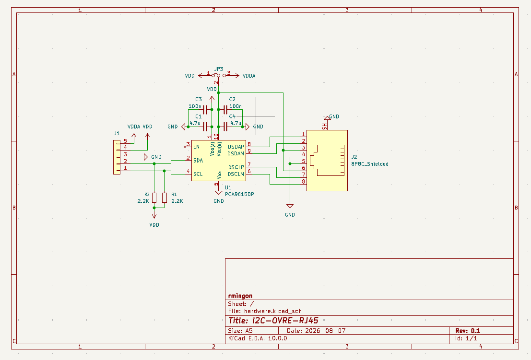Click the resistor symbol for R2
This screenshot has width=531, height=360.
point(154,197)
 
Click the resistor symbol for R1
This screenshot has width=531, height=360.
point(164,197)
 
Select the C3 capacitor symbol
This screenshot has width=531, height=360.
point(205,110)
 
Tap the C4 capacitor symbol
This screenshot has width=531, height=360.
point(225,127)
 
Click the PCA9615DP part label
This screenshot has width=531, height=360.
point(239,194)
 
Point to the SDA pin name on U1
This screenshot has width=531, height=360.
point(198,161)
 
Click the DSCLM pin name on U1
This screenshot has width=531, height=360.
point(236,174)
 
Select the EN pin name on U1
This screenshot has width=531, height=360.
point(196,147)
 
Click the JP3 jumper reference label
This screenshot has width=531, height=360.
point(219,69)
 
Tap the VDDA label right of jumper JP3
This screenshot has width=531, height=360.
point(249,76)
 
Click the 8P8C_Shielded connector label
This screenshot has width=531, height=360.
point(370,164)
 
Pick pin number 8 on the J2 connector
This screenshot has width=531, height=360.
point(304,181)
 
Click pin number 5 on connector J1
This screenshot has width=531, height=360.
point(125,141)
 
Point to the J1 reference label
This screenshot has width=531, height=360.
point(117,133)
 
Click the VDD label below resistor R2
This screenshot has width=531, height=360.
point(154,225)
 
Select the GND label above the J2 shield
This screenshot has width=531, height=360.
point(334,116)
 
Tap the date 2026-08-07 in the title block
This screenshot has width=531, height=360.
point(325,331)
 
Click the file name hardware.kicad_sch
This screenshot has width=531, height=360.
point(273,311)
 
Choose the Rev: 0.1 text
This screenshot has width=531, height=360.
point(468,331)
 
